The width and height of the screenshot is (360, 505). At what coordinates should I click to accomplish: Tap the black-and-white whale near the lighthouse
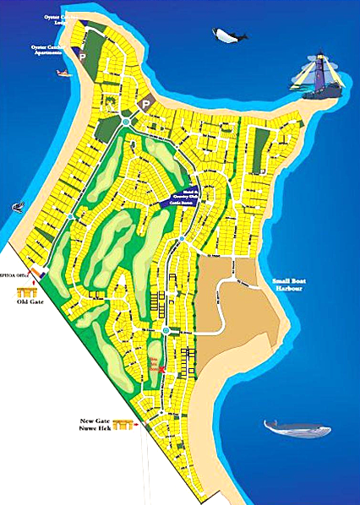click(229, 36)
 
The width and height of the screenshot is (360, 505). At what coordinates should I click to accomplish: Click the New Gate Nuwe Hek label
click(98, 426)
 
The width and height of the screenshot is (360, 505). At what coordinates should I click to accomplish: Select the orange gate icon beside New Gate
click(125, 426)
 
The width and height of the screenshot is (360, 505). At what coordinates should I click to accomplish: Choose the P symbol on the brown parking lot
click(145, 105)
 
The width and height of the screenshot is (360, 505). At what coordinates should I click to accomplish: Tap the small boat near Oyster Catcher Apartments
click(62, 73)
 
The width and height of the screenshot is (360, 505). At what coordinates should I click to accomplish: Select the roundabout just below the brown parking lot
click(126, 122)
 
